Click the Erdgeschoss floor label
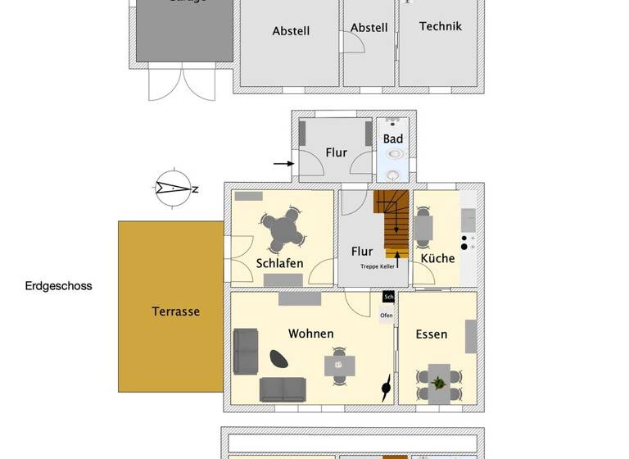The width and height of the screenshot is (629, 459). (x=58, y=286)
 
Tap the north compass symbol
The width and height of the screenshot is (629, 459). (x=174, y=189)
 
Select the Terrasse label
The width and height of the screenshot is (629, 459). (x=175, y=311)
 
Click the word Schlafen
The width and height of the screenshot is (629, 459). (x=279, y=264)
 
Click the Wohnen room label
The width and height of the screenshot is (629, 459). (x=310, y=334)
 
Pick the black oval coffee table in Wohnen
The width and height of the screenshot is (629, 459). (x=280, y=358)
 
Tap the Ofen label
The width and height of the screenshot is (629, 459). (x=387, y=315)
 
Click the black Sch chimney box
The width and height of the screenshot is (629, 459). (x=388, y=297)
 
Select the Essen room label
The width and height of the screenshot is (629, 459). (x=432, y=334)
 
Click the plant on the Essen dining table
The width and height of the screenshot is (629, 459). (x=438, y=382)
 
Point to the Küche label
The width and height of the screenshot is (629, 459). (x=437, y=258)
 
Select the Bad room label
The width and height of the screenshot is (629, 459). (x=393, y=139)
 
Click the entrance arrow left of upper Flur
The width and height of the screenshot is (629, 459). (x=283, y=164)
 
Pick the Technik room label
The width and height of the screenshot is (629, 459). (x=441, y=26)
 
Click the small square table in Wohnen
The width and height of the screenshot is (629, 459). (x=338, y=363)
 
